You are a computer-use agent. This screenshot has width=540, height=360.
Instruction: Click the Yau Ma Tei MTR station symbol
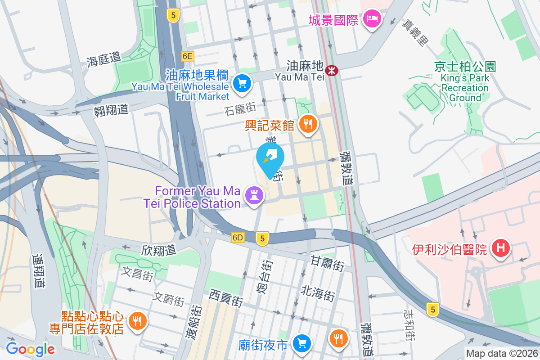click(x=332, y=70)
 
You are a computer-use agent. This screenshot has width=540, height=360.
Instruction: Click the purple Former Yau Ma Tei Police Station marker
click(x=254, y=196)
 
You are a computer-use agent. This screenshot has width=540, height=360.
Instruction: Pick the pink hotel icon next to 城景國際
click(x=372, y=19)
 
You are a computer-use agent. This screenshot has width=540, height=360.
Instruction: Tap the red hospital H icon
click(x=500, y=248)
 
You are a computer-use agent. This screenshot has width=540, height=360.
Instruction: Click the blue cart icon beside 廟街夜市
click(x=301, y=344)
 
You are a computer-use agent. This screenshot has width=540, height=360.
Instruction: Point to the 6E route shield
click(x=188, y=56)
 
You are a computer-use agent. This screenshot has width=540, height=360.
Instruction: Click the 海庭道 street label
click(x=104, y=58)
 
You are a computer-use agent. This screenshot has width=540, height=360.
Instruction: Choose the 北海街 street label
click(x=318, y=295)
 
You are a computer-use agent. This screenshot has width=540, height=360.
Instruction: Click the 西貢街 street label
click(x=226, y=298)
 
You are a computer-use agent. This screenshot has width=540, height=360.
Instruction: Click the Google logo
click(x=30, y=349)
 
